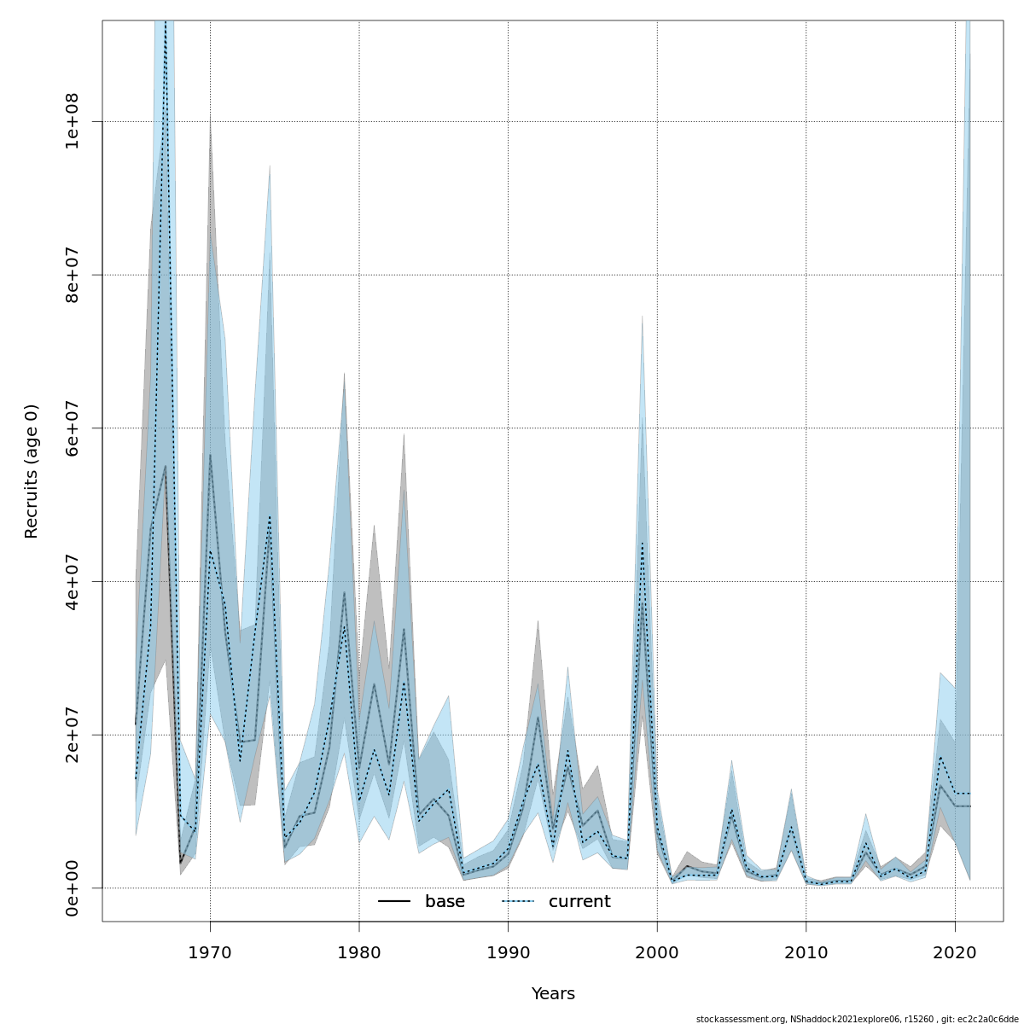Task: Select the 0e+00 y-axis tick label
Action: coord(74,887)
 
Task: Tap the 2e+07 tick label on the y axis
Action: coord(74,734)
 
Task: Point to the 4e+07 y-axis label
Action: coord(74,581)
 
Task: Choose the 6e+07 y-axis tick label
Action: coord(74,428)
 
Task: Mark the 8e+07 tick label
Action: coord(74,275)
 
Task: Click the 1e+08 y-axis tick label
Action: coord(74,121)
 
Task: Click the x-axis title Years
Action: coord(553,994)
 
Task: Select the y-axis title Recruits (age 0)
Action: coord(32,471)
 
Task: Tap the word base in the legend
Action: coord(445,902)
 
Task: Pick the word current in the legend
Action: coord(579,902)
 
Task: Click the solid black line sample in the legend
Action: coord(394,902)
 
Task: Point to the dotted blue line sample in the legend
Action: coord(517,902)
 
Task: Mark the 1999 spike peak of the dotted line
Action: coord(643,543)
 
